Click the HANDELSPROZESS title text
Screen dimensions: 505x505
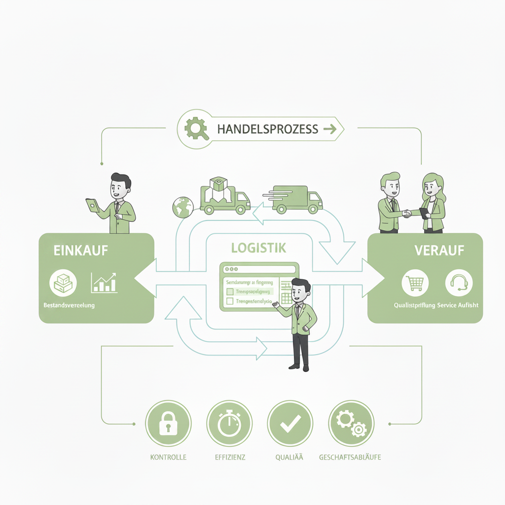click(x=267, y=129)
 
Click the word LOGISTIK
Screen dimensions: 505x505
click(x=259, y=248)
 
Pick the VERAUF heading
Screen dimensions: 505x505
click(x=433, y=250)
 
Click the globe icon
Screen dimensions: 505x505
click(x=183, y=207)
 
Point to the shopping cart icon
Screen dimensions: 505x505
click(x=415, y=283)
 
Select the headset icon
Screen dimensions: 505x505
click(x=459, y=283)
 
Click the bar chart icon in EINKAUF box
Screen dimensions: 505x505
click(x=104, y=283)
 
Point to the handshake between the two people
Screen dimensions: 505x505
click(x=407, y=214)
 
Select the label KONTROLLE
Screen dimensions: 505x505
click(x=168, y=457)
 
